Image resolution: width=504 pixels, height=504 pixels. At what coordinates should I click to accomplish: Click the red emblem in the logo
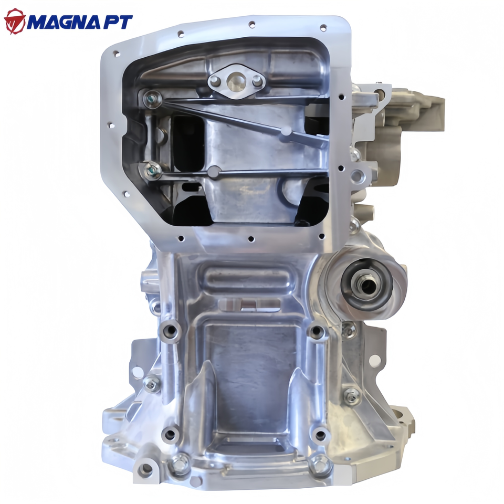click(15, 21)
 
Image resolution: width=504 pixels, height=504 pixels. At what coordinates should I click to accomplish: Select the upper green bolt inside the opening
click(152, 99)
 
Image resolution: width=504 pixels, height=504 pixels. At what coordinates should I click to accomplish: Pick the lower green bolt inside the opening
click(153, 170)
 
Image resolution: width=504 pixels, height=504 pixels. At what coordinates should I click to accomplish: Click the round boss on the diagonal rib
click(286, 131)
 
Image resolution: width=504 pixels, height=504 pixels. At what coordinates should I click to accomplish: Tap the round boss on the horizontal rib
click(214, 172)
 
